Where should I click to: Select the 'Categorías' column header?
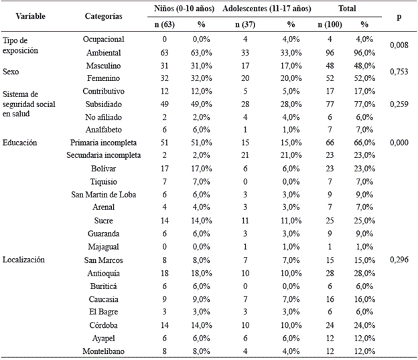tap(103, 16)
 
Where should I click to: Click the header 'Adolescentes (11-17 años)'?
tap(272, 9)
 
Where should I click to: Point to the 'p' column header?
tap(399, 16)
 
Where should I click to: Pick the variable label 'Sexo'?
tap(11, 72)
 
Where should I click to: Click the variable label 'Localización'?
tap(24, 260)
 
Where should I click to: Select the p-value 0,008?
tap(399, 46)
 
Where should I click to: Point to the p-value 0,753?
tap(399, 72)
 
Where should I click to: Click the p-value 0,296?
tap(399, 260)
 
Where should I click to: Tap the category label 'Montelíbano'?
tap(103, 351)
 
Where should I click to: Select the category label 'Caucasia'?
tap(103, 298)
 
